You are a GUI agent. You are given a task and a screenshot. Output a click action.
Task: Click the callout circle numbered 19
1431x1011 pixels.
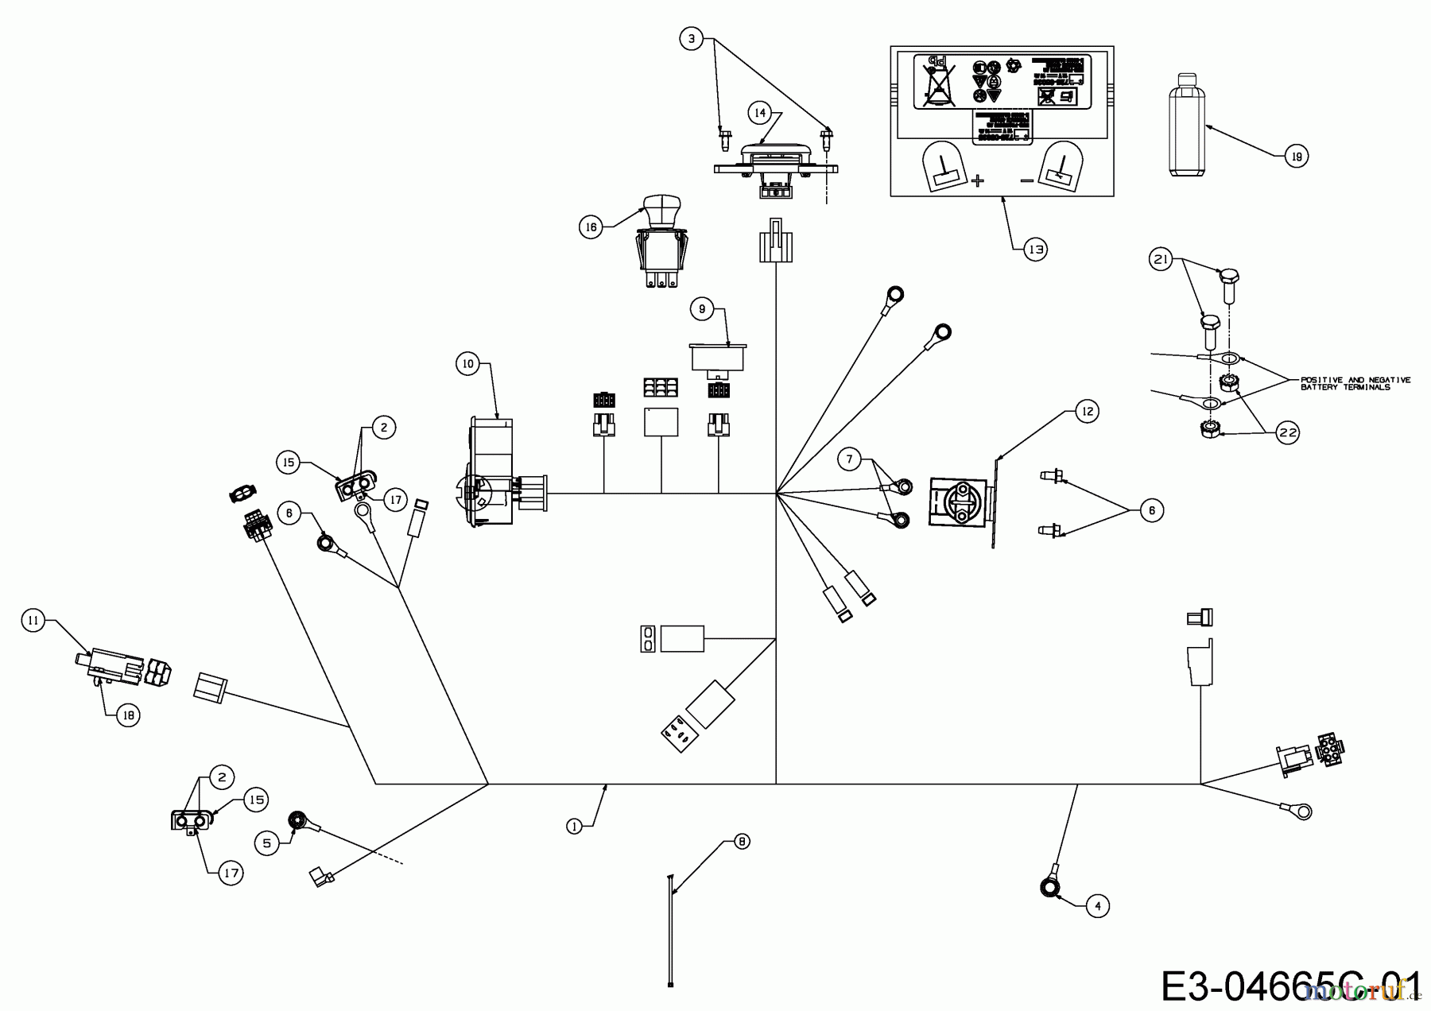click(x=1297, y=157)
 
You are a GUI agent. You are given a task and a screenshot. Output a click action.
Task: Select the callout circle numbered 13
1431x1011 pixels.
click(x=1035, y=250)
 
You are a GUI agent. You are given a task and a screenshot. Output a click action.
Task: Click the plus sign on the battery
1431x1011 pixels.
click(x=978, y=180)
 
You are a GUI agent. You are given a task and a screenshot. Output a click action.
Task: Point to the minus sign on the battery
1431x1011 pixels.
click(x=1027, y=180)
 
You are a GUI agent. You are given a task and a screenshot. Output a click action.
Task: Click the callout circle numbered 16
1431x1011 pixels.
click(x=591, y=227)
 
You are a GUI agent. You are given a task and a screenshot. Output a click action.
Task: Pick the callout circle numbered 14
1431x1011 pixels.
click(x=760, y=113)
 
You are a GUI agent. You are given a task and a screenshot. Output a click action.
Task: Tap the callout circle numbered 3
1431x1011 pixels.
click(x=692, y=37)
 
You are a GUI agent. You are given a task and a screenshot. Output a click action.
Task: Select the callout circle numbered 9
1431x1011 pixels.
click(x=702, y=309)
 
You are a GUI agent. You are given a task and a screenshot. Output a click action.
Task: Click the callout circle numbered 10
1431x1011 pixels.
click(x=467, y=364)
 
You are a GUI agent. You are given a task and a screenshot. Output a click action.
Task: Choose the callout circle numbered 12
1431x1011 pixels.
click(x=1086, y=411)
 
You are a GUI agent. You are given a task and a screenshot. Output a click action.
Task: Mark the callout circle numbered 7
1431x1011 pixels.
click(x=850, y=459)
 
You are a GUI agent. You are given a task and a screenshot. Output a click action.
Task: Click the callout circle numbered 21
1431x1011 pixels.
click(x=1161, y=259)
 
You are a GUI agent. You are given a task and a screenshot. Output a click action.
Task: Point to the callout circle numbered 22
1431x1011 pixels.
click(x=1287, y=432)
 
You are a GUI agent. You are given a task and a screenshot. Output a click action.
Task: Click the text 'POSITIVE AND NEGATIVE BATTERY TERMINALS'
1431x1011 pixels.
click(x=1355, y=383)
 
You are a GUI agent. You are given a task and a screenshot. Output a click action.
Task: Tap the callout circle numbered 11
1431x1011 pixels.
click(x=33, y=621)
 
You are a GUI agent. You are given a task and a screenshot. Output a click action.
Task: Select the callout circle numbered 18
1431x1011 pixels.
click(x=128, y=715)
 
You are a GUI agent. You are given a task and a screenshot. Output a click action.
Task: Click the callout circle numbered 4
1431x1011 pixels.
click(x=1098, y=905)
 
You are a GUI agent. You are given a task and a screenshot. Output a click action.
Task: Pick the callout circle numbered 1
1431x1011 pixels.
click(x=575, y=826)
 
